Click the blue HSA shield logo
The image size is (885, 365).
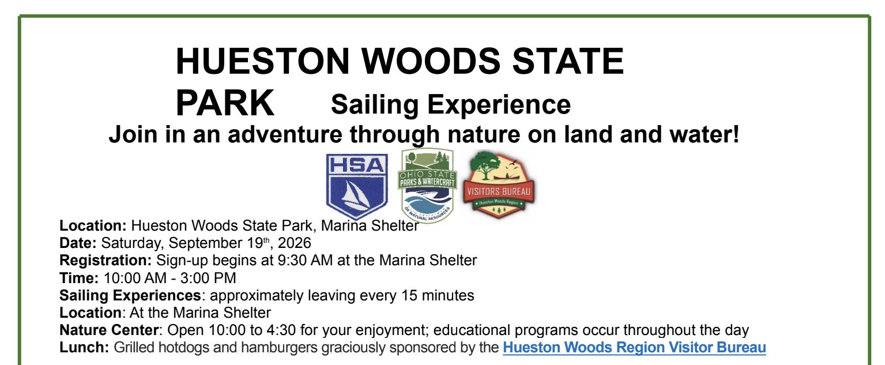[357, 186]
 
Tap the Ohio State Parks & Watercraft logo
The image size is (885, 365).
[427, 186]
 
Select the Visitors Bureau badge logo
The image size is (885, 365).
[499, 184]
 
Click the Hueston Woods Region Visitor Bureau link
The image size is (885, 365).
[634, 348]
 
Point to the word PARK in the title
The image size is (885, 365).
[225, 103]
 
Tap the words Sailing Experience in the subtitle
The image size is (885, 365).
[451, 105]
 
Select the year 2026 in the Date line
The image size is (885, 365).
[295, 243]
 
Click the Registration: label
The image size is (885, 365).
[106, 261]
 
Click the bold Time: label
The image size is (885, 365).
[79, 278]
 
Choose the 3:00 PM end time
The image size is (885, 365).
[208, 278]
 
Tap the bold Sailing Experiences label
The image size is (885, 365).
[130, 295]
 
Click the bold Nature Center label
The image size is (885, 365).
[109, 330]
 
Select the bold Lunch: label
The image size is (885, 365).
[84, 348]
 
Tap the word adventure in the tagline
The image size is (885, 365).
[285, 134]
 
